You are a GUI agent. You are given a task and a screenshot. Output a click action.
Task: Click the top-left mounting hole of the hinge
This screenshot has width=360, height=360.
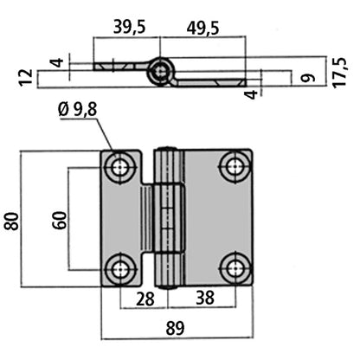pyautogui.click(x=120, y=167)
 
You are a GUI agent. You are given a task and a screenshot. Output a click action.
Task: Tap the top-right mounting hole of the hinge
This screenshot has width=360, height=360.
pyautogui.click(x=233, y=167)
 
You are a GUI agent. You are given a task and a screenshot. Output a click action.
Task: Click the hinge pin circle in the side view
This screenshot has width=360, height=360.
pyautogui.click(x=159, y=71)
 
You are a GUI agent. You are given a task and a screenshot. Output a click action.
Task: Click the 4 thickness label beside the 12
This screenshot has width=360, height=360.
pyautogui.click(x=55, y=62)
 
